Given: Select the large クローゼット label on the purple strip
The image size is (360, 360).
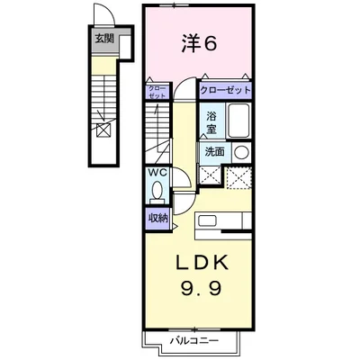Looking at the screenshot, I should tap(224, 91).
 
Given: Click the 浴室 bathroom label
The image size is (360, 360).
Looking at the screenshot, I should tap(211, 121).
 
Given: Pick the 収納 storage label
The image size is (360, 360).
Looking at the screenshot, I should tap(157, 217).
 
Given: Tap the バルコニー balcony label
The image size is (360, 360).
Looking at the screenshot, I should tap(194, 341).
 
